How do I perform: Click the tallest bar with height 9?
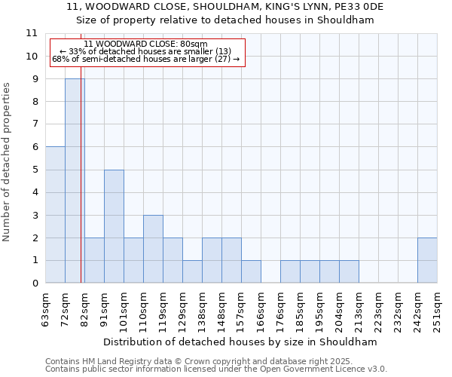(75, 181)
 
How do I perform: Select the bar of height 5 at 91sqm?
(114, 226)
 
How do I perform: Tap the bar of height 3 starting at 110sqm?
(153, 249)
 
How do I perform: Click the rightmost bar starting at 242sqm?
(427, 260)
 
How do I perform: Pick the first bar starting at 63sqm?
(55, 215)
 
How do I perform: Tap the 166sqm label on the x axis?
(261, 308)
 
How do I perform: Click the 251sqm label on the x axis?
(437, 308)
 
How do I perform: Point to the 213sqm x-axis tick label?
(359, 308)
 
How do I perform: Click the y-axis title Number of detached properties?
(8, 162)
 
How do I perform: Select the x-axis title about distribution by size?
(241, 342)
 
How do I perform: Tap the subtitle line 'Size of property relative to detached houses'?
(226, 20)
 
